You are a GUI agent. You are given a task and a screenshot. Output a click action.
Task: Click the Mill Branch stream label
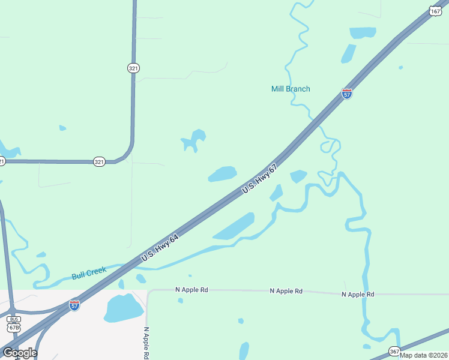[x=291, y=89]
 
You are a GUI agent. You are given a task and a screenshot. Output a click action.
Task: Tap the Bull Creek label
[x=89, y=274]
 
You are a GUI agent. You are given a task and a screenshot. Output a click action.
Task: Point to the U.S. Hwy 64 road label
[x=160, y=247]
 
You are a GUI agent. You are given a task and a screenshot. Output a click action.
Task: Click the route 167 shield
[x=435, y=11]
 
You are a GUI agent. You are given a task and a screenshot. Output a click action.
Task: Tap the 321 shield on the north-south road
[x=133, y=68]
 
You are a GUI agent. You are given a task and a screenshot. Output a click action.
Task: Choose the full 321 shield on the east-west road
[x=99, y=161]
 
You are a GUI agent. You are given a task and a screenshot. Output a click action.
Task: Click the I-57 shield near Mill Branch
[x=346, y=94]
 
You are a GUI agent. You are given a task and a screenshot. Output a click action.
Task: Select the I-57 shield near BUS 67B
[x=74, y=305]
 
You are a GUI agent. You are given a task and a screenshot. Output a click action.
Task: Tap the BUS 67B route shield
[x=13, y=323]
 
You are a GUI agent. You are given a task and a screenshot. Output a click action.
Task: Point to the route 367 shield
[x=394, y=351]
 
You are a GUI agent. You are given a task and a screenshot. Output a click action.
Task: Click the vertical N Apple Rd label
[x=146, y=343]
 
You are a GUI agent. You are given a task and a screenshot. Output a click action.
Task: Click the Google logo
[x=19, y=353]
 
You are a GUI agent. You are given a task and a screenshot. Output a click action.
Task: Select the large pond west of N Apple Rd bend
[x=122, y=308]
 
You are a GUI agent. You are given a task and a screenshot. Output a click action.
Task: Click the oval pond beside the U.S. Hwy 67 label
[x=222, y=174]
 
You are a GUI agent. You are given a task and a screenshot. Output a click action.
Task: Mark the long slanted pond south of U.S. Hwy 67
[x=234, y=226]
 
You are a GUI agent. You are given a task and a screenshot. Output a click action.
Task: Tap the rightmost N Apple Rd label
[x=358, y=294]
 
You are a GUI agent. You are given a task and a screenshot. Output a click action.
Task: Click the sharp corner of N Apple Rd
[x=149, y=291]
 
